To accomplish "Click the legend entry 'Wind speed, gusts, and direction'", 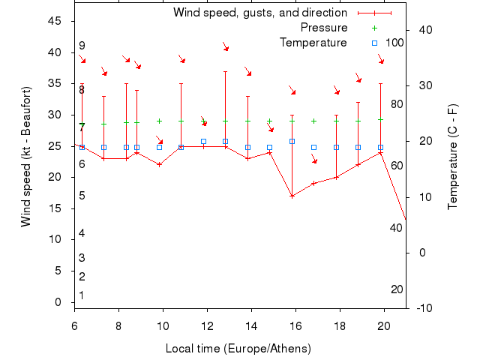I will tap(260, 13).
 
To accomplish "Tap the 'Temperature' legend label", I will tap(313, 43).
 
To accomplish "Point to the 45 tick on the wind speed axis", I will tap(55, 21).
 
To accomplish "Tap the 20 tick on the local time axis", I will tap(384, 325).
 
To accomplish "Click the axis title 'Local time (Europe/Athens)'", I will tap(238, 349).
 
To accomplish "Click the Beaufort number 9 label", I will tap(82, 46).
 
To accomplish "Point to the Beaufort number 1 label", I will tap(82, 295).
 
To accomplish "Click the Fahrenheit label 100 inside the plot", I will tap(394, 43).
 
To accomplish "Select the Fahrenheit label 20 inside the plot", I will tap(397, 289).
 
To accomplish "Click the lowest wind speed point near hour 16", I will tap(292, 196).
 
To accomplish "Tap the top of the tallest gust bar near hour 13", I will tap(225, 71).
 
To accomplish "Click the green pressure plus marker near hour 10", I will tap(159, 121).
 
